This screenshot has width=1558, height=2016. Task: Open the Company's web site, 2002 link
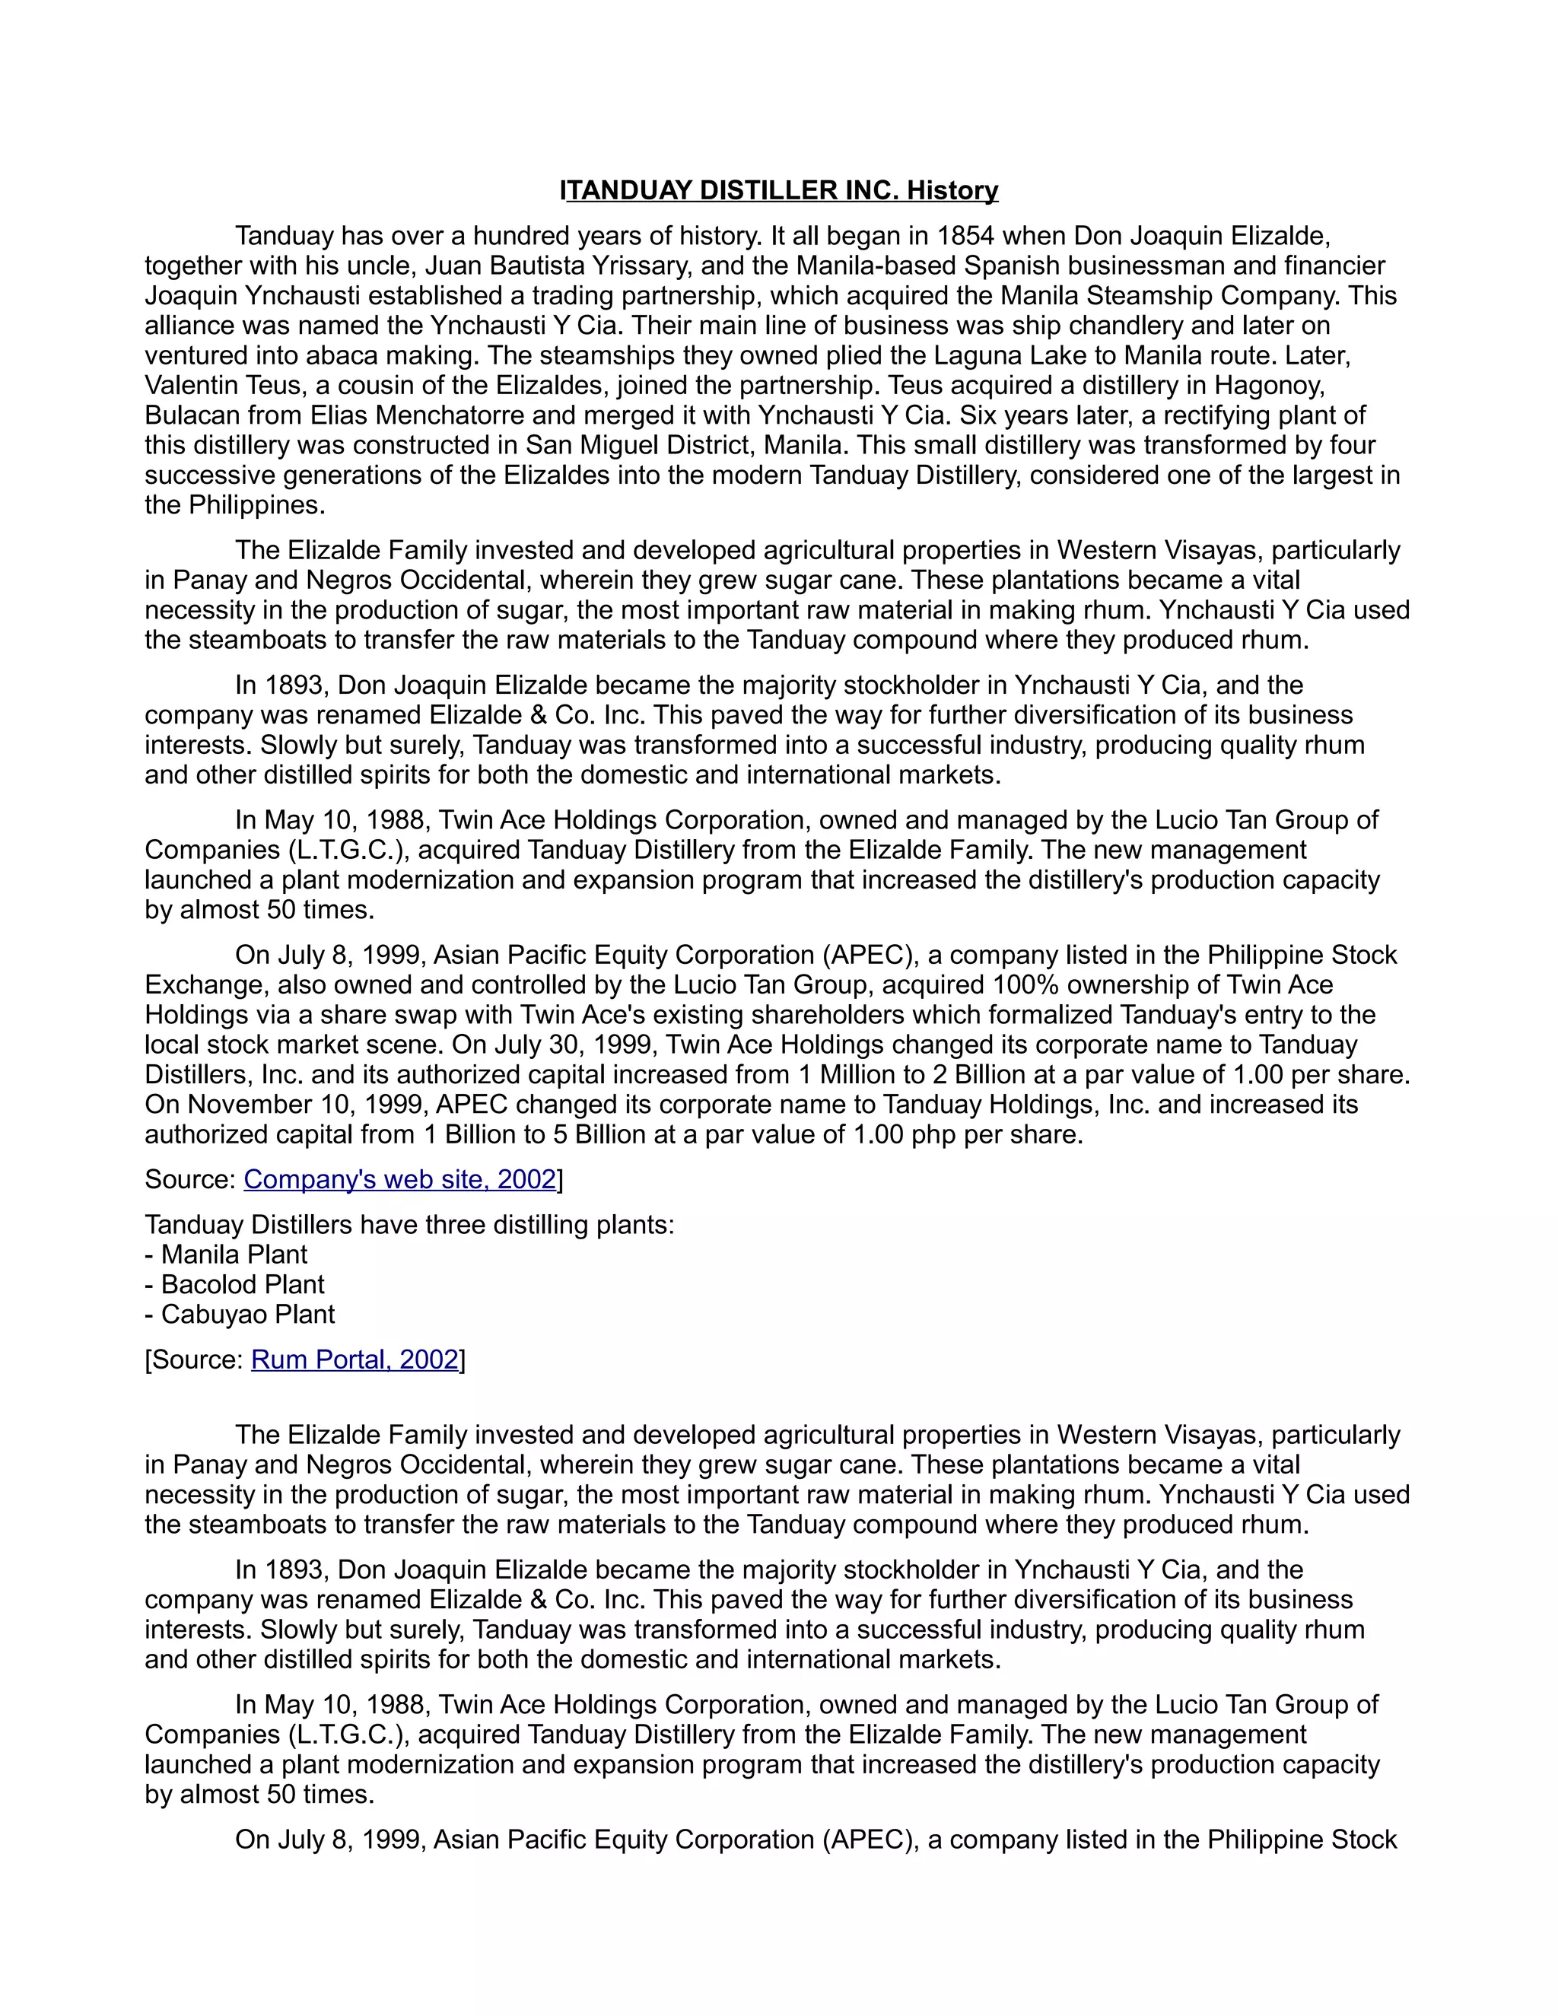pyautogui.click(x=399, y=1180)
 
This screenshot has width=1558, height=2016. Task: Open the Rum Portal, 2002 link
pyautogui.click(x=355, y=1359)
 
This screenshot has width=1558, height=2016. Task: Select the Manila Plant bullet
pyautogui.click(x=226, y=1254)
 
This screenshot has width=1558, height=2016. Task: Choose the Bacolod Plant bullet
pyautogui.click(x=234, y=1285)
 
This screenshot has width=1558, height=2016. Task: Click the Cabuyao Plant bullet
pyautogui.click(x=240, y=1315)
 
